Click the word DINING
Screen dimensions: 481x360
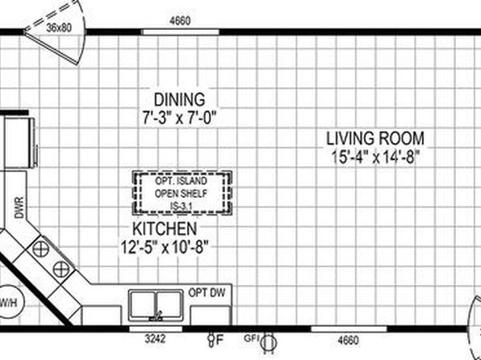click(x=179, y=99)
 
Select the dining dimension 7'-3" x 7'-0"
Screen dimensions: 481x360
click(x=179, y=118)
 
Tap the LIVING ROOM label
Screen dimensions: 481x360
click(x=375, y=138)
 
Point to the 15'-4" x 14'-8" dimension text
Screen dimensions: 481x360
click(x=375, y=157)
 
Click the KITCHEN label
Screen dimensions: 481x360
click(x=165, y=228)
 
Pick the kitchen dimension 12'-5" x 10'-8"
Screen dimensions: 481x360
click(x=165, y=247)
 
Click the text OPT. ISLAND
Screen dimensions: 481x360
click(x=181, y=181)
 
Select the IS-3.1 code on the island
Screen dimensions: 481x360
click(x=181, y=207)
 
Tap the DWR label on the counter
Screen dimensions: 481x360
click(x=19, y=207)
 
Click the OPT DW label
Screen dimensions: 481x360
click(x=207, y=292)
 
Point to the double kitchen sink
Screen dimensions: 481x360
click(x=156, y=305)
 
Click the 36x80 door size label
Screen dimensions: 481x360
click(x=59, y=28)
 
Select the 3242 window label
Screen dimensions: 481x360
click(x=155, y=339)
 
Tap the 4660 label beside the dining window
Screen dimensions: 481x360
click(x=180, y=21)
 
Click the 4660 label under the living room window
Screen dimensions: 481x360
click(x=348, y=340)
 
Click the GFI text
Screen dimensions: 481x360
click(x=252, y=338)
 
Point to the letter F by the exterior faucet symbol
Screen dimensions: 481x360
click(x=220, y=340)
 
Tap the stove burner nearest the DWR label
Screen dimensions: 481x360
click(x=41, y=249)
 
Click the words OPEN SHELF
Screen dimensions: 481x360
click(x=181, y=194)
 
